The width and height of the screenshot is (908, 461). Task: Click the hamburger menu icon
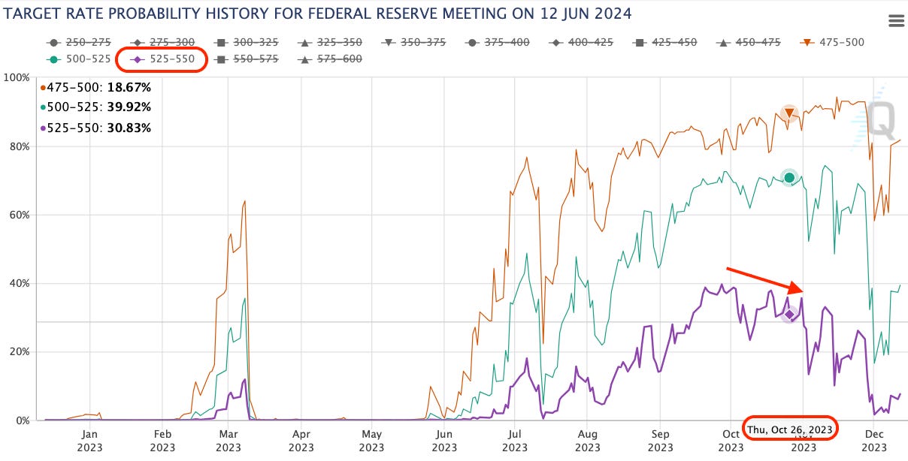click(895, 21)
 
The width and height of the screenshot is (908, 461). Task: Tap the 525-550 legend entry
click(162, 58)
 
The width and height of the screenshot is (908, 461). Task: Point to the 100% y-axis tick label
click(17, 77)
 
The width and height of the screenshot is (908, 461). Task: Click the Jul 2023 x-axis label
click(515, 441)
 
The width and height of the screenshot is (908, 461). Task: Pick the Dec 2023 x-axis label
click(873, 441)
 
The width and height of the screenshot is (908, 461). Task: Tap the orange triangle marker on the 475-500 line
click(788, 114)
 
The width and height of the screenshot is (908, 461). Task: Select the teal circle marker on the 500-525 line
click(788, 177)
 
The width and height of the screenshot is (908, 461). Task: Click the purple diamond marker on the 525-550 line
click(788, 314)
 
